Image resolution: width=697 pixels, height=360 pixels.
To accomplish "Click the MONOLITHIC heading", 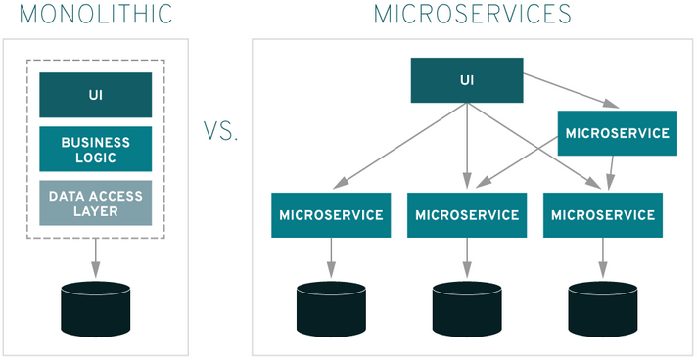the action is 96,15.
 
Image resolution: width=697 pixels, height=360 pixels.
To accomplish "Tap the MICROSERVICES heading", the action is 473,15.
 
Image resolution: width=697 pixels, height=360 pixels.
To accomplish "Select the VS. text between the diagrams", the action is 221,131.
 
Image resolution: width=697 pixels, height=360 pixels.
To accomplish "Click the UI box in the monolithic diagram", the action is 96,95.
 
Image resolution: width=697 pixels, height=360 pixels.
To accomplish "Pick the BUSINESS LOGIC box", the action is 96,149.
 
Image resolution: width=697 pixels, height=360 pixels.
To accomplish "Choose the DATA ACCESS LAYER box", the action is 96,203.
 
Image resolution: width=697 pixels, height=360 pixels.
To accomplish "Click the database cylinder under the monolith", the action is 96,309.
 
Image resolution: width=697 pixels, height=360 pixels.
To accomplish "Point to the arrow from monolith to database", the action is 96,258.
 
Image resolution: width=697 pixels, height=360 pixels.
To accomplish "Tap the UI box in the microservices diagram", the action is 467,80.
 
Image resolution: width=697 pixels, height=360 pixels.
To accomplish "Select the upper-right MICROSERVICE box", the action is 618,133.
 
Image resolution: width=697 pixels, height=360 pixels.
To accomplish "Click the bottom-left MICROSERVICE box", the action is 331,215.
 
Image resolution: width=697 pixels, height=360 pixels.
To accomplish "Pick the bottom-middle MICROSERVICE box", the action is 467,215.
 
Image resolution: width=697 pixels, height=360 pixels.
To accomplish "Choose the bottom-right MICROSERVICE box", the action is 603,215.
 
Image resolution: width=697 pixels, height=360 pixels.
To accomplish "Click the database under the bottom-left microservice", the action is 331,309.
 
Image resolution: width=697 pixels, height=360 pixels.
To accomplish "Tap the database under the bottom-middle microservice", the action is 467,309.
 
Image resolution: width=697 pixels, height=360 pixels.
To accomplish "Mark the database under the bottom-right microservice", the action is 603,309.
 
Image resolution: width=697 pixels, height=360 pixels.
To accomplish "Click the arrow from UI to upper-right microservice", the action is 571,91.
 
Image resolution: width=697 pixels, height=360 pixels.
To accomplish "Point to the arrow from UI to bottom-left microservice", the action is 399,146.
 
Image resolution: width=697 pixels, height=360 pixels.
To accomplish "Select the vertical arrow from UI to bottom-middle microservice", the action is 467,146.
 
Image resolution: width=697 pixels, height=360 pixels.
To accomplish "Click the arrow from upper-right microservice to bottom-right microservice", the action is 612,173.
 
